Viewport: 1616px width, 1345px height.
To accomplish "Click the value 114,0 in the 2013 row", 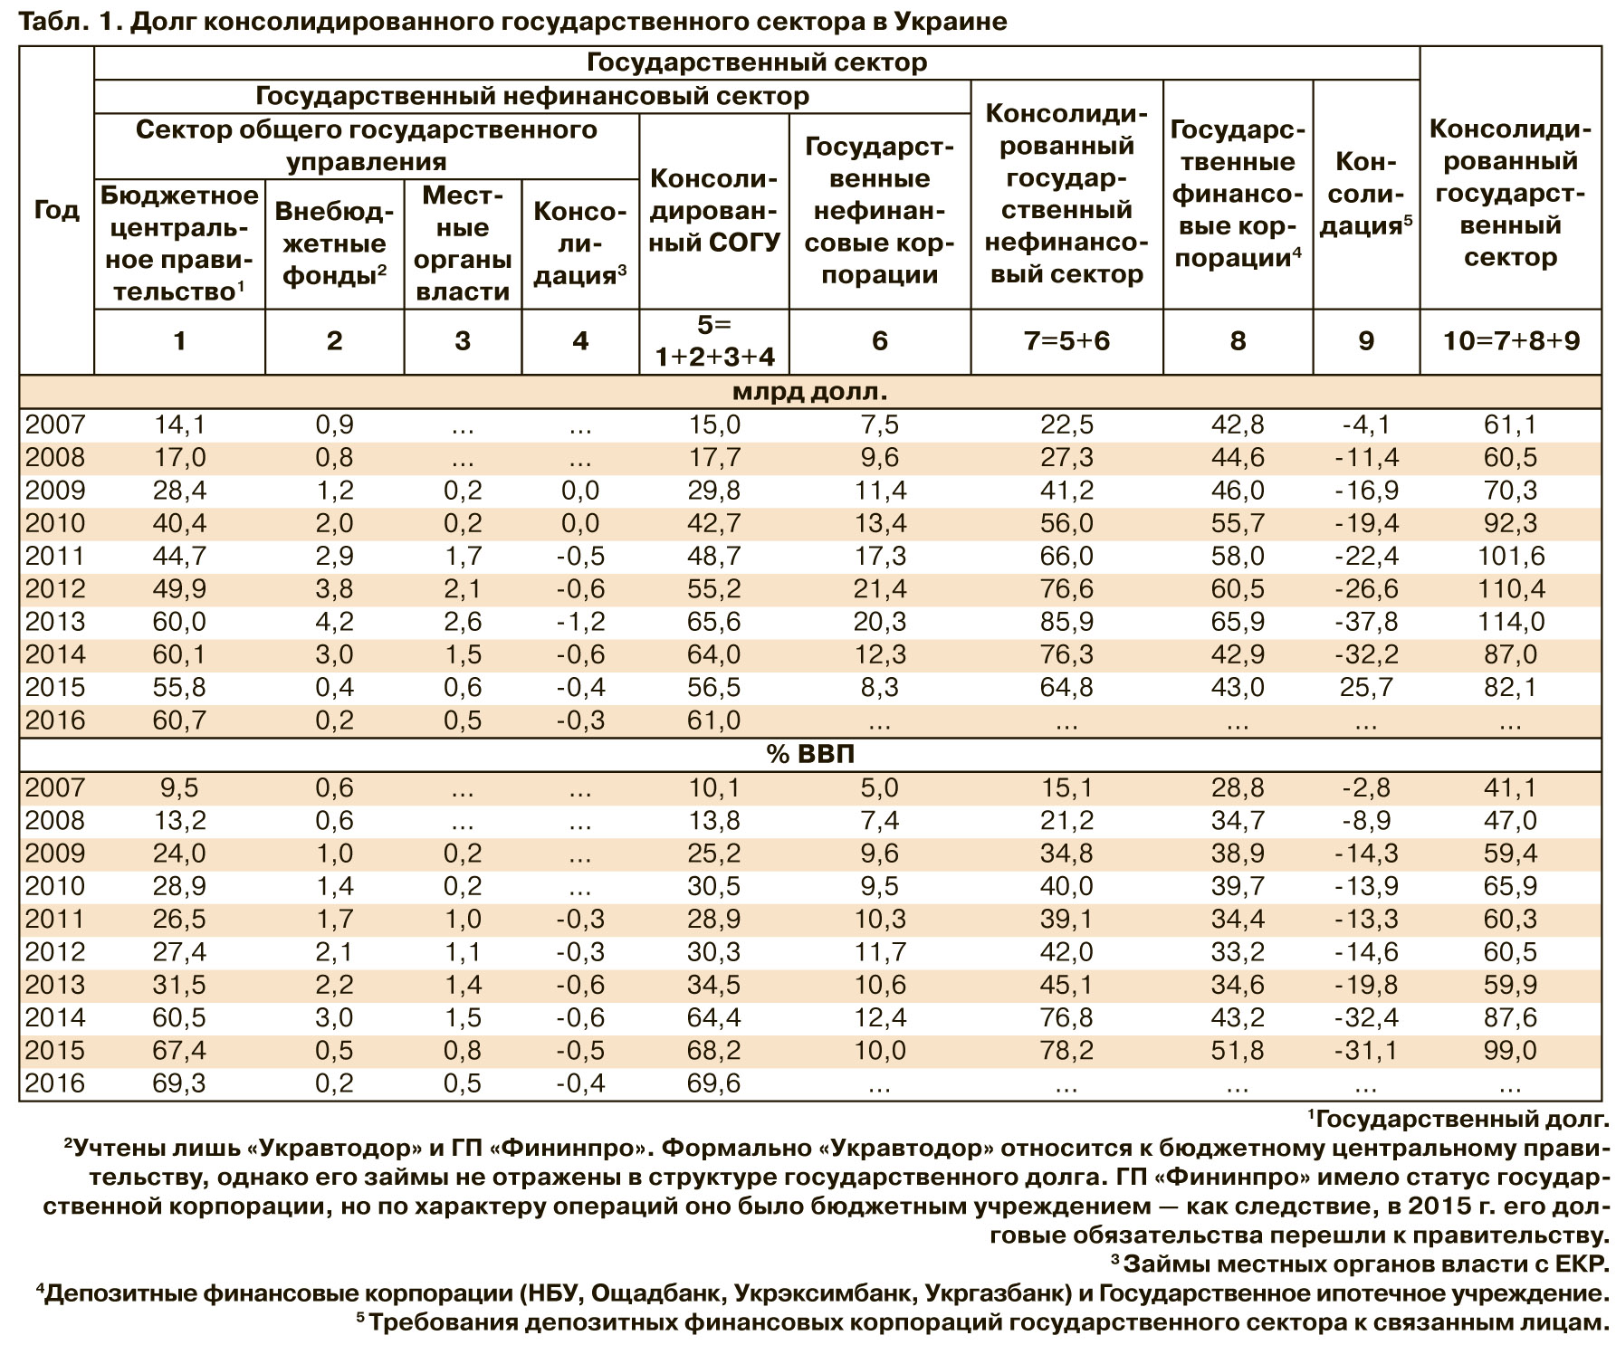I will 1509,622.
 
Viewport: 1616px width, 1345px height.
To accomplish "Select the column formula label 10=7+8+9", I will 1509,340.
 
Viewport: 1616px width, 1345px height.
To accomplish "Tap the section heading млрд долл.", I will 809,392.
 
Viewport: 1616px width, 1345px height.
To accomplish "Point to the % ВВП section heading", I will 809,754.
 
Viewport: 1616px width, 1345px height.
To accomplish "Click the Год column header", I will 56,210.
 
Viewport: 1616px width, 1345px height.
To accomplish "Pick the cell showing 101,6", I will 1509,556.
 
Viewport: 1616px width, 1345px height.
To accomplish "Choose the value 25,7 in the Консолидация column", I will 1365,688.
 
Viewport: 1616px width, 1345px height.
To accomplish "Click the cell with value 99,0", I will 1509,1050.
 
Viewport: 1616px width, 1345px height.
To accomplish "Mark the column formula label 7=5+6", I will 1066,340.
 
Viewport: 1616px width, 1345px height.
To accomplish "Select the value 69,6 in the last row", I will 714,1083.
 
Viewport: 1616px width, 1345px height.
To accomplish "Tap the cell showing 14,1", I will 179,424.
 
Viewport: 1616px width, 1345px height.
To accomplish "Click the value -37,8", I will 1365,622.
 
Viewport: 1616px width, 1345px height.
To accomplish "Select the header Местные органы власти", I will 463,243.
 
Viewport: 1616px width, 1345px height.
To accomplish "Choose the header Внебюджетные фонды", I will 334,243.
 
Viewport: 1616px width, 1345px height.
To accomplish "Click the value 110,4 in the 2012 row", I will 1509,589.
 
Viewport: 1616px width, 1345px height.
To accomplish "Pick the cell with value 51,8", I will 1237,1050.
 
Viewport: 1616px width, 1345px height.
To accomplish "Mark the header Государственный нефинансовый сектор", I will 532,96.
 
